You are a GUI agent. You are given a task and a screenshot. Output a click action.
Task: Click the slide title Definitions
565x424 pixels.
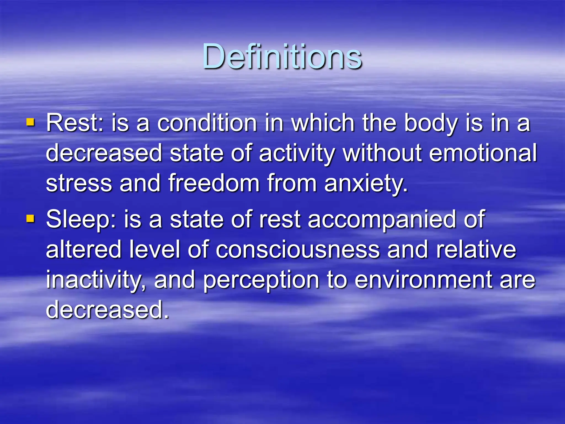pos(282,57)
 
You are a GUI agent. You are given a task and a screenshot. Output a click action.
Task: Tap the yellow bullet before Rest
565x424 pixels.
pos(30,122)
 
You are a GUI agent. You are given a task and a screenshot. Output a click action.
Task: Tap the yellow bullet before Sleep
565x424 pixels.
pos(30,219)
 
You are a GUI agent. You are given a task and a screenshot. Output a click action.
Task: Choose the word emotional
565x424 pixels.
pos(483,153)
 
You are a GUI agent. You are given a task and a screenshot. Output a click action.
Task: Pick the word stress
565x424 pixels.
pos(79,183)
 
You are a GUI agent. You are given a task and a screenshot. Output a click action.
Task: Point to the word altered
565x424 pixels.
pos(84,250)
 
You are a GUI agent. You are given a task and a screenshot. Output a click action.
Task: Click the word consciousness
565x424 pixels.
pos(297,250)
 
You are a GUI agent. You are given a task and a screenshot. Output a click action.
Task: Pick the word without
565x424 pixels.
pos(382,153)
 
